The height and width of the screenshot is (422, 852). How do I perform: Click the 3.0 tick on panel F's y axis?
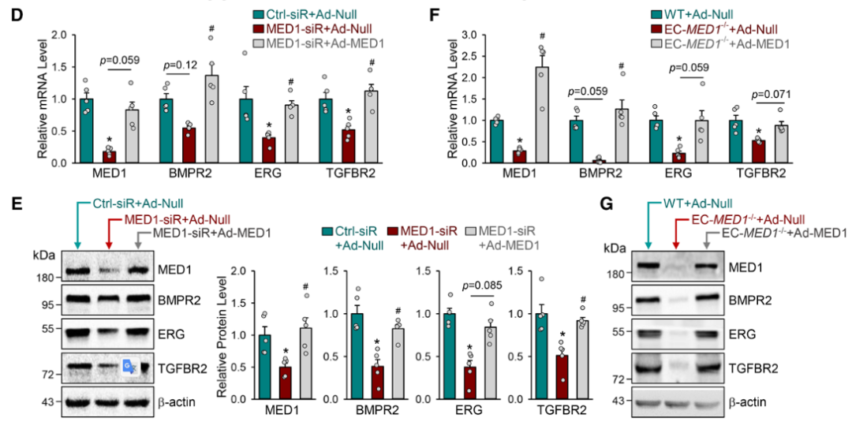click(471, 35)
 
